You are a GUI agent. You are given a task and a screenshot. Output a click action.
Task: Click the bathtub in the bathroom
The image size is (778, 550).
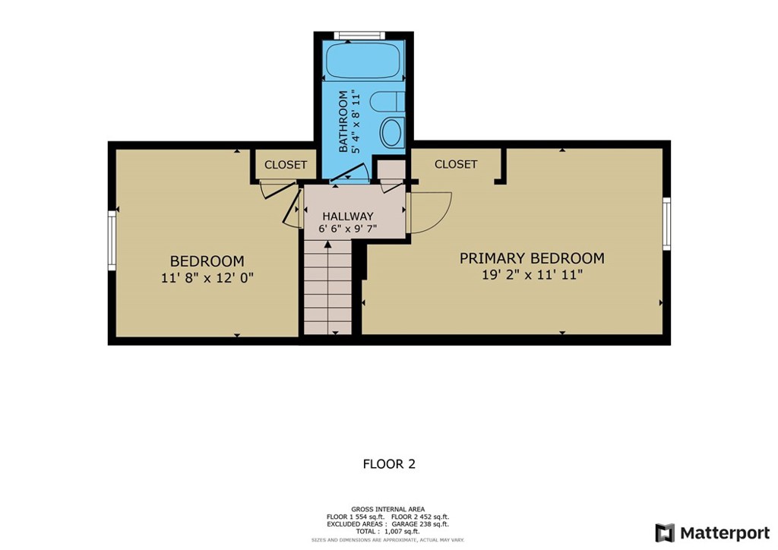[363, 62]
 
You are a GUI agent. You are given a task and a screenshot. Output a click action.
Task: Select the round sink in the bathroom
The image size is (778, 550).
[391, 132]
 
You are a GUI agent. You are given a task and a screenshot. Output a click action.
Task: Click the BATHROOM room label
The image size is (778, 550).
[343, 122]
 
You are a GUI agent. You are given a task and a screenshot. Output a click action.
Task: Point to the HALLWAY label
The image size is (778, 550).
[347, 216]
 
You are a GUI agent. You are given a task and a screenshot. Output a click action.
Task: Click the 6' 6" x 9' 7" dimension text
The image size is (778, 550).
[347, 227]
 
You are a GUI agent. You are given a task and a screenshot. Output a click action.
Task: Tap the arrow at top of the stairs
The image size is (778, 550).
[327, 245]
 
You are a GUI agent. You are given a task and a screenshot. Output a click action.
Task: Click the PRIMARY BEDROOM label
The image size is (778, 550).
[532, 258]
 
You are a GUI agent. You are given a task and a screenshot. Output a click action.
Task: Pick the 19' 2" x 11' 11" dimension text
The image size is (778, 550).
[532, 275]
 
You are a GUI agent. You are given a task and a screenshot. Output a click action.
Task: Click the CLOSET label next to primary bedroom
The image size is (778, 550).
[456, 164]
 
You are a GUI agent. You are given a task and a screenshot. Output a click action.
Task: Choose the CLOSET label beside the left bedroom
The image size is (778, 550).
[286, 165]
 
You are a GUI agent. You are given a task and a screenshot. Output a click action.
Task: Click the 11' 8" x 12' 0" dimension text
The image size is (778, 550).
[207, 278]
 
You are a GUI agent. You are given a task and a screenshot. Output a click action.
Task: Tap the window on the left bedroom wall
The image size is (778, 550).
[111, 240]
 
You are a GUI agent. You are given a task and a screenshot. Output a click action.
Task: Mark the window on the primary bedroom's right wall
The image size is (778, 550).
[666, 223]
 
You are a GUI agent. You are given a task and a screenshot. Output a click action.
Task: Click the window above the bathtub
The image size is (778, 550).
[360, 34]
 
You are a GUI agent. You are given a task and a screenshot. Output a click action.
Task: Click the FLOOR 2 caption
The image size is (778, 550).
[389, 463]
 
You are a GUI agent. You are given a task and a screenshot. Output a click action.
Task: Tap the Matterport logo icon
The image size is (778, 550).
[664, 533]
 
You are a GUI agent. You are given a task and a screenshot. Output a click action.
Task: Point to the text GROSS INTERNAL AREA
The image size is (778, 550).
[388, 509]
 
